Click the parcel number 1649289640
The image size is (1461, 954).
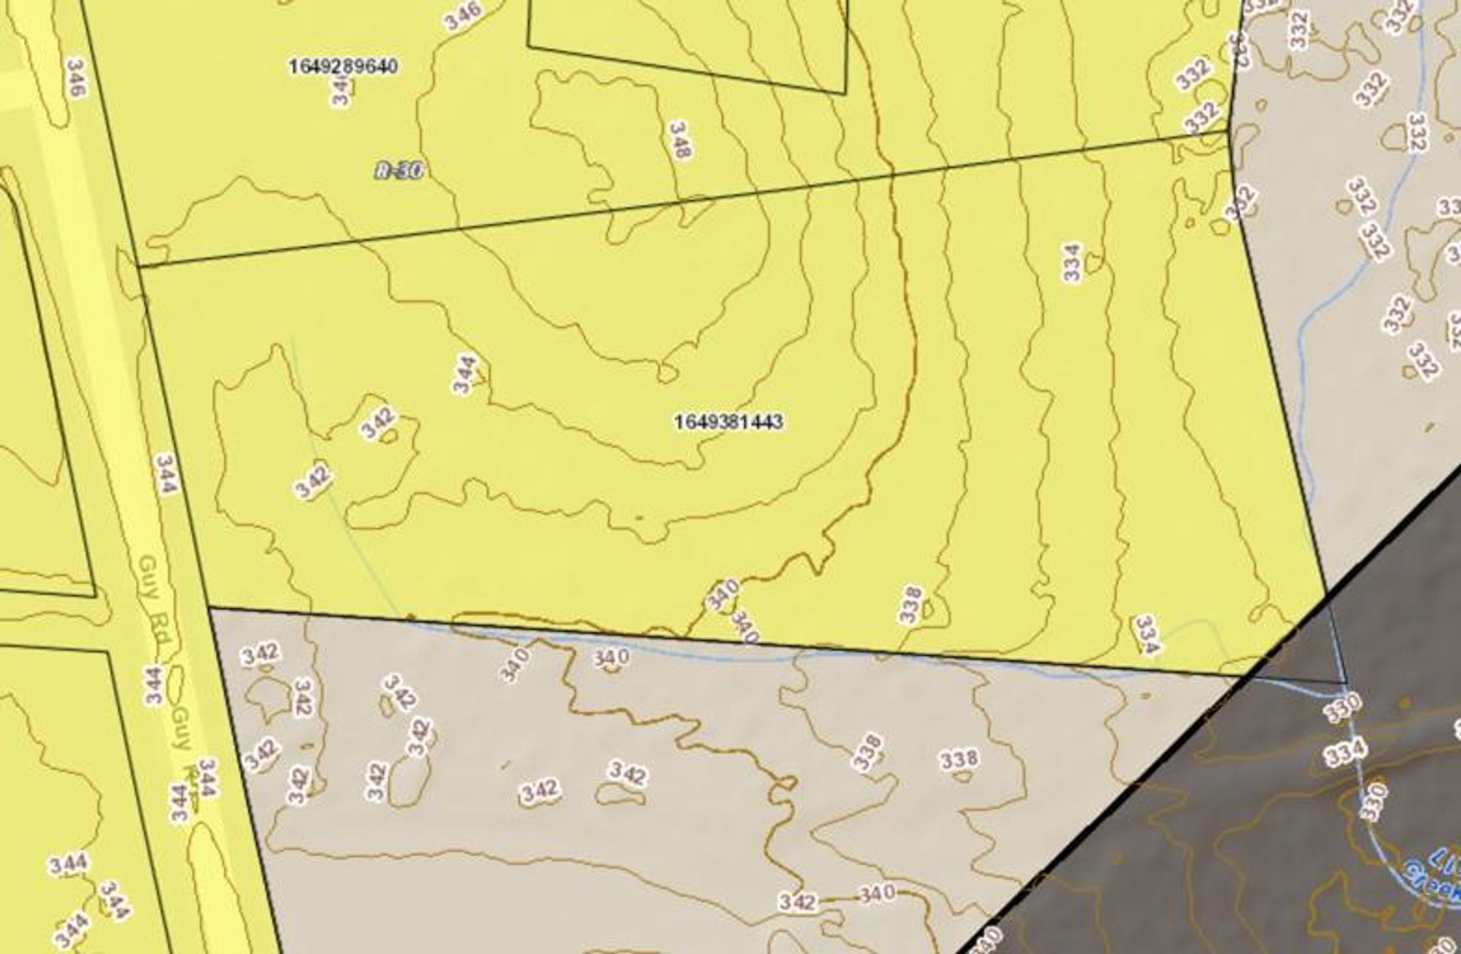pyautogui.click(x=342, y=66)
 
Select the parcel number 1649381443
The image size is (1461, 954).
pyautogui.click(x=728, y=421)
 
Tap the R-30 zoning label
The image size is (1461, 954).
pyautogui.click(x=398, y=171)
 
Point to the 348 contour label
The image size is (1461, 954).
pyautogui.click(x=679, y=140)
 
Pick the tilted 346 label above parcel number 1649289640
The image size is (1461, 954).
pyautogui.click(x=463, y=14)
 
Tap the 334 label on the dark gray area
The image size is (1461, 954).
pyautogui.click(x=1348, y=751)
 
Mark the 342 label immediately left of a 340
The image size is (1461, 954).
pyautogui.click(x=797, y=902)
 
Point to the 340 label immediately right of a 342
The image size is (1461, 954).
pyautogui.click(x=878, y=894)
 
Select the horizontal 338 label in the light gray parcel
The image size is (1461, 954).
pyautogui.click(x=959, y=759)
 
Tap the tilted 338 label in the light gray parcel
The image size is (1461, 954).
pyautogui.click(x=868, y=751)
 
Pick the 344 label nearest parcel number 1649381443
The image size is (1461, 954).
pyautogui.click(x=465, y=374)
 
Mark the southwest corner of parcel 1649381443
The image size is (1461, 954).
pyautogui.click(x=208, y=607)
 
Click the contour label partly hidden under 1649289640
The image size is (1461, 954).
pyautogui.click(x=340, y=89)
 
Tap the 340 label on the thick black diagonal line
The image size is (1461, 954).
pyautogui.click(x=989, y=939)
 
